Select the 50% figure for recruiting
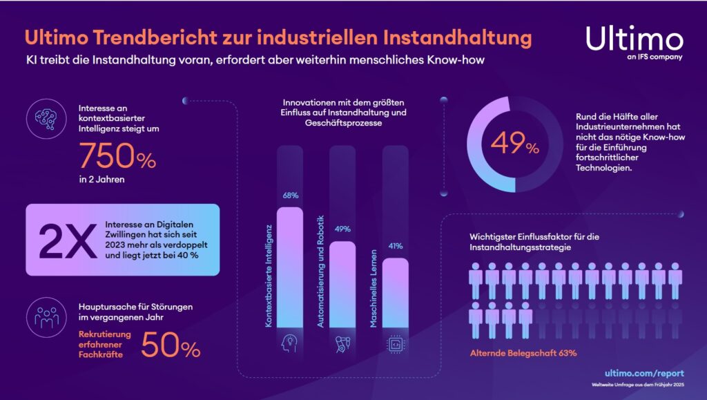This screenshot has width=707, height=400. (x=171, y=343)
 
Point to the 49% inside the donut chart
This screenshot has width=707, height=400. (x=515, y=145)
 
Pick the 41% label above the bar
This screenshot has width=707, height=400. (x=396, y=245)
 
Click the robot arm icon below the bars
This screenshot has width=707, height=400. (x=342, y=344)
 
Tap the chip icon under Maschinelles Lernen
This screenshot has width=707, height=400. (x=395, y=344)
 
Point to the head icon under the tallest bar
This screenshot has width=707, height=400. (x=289, y=344)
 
